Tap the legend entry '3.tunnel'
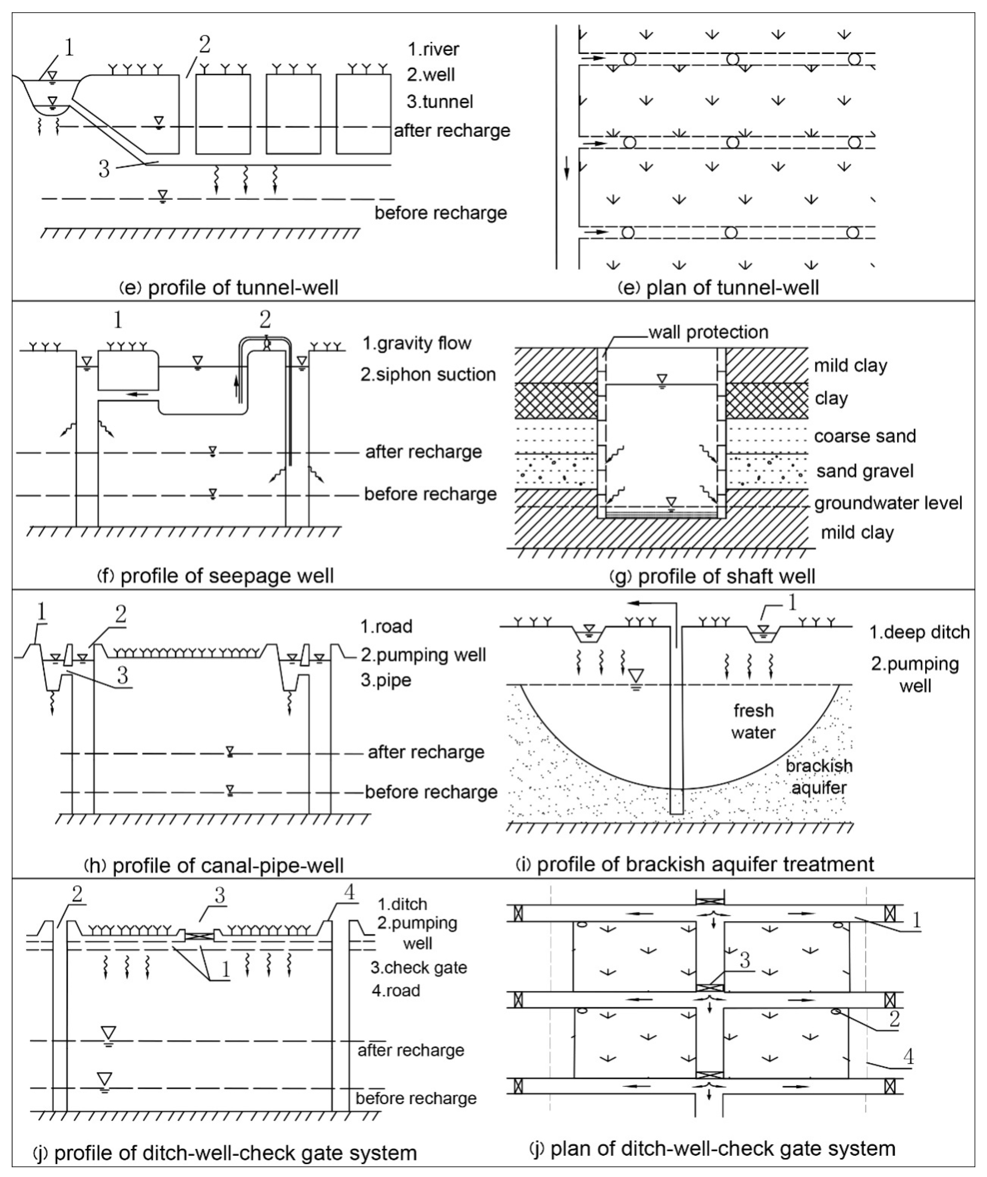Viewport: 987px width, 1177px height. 440,101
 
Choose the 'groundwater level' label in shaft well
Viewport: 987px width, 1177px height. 888,503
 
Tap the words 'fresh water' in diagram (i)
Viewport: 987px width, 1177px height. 753,721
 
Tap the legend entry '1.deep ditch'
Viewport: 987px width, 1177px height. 919,632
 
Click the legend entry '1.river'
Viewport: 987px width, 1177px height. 433,49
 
